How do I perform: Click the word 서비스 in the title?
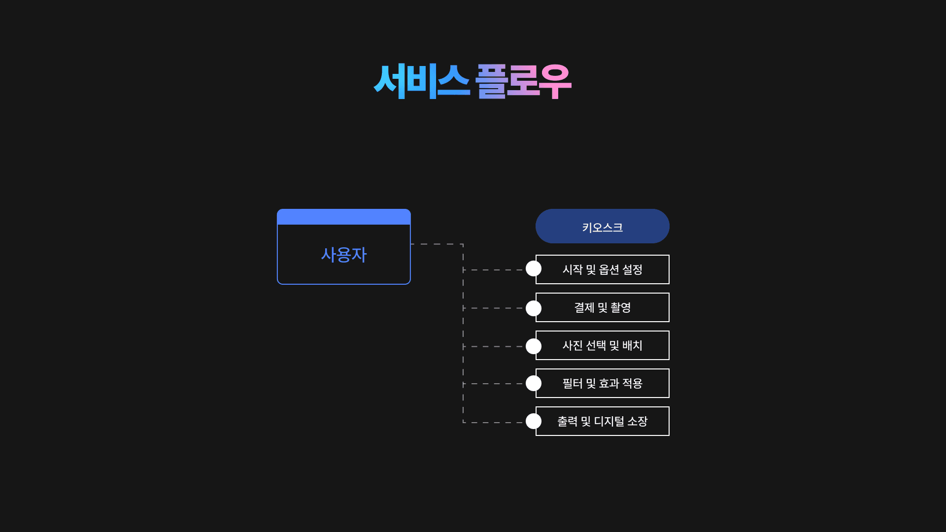pyautogui.click(x=421, y=81)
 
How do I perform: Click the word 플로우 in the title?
pyautogui.click(x=523, y=81)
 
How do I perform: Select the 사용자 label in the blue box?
pyautogui.click(x=344, y=255)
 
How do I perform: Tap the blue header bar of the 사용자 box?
pyautogui.click(x=344, y=217)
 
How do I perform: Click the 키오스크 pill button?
pyautogui.click(x=602, y=227)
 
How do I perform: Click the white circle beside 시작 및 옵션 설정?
pyautogui.click(x=534, y=268)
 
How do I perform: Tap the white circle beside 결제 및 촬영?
pyautogui.click(x=534, y=308)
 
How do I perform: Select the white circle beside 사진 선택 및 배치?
pyautogui.click(x=534, y=346)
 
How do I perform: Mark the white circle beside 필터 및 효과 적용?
pyautogui.click(x=534, y=383)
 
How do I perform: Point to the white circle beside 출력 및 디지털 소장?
pyautogui.click(x=534, y=421)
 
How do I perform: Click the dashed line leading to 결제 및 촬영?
pyautogui.click(x=493, y=308)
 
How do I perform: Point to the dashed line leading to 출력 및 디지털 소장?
pyautogui.click(x=493, y=422)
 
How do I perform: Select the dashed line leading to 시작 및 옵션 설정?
pyautogui.click(x=493, y=270)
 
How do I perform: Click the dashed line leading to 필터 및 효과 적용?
pyautogui.click(x=493, y=384)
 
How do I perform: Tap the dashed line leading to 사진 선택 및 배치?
pyautogui.click(x=493, y=347)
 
